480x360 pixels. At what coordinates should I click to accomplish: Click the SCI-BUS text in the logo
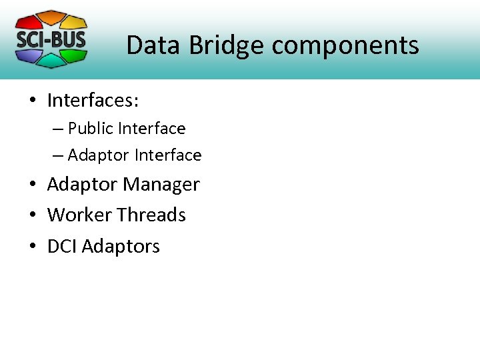click(51, 39)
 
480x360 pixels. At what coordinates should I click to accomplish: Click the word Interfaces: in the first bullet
click(93, 101)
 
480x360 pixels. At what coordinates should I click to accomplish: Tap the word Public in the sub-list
click(91, 128)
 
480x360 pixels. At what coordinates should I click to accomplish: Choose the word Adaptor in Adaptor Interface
click(98, 155)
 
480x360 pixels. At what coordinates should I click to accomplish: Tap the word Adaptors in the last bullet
click(123, 246)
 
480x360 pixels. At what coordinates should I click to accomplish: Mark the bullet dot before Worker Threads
click(32, 215)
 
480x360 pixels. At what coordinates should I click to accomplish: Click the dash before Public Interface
click(58, 128)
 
